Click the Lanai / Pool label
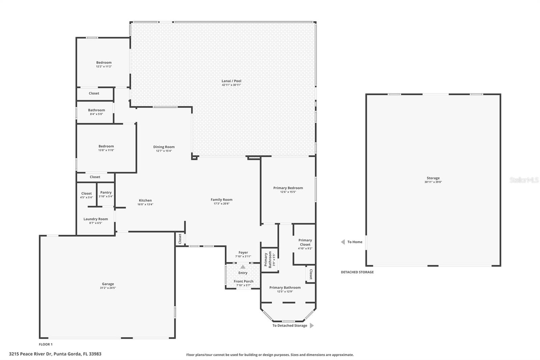pos(231,81)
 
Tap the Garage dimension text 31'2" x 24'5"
pos(108,288)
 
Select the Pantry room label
pos(106,192)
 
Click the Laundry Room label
pos(96,219)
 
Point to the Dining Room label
pos(164,147)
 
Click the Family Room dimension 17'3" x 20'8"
pos(221,204)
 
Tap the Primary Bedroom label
pos(288,188)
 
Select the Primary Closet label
pos(305,242)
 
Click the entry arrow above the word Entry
pos(243,267)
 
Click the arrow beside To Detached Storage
pos(312,326)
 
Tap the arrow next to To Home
pos(343,242)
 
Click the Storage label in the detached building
pos(433,178)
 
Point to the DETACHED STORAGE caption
pos(357,272)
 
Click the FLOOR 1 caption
pos(46,344)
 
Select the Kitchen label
pos(145,200)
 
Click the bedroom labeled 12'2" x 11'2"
pos(104,62)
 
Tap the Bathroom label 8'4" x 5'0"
pos(97,110)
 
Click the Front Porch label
pos(243,281)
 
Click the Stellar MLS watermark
pos(524,180)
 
